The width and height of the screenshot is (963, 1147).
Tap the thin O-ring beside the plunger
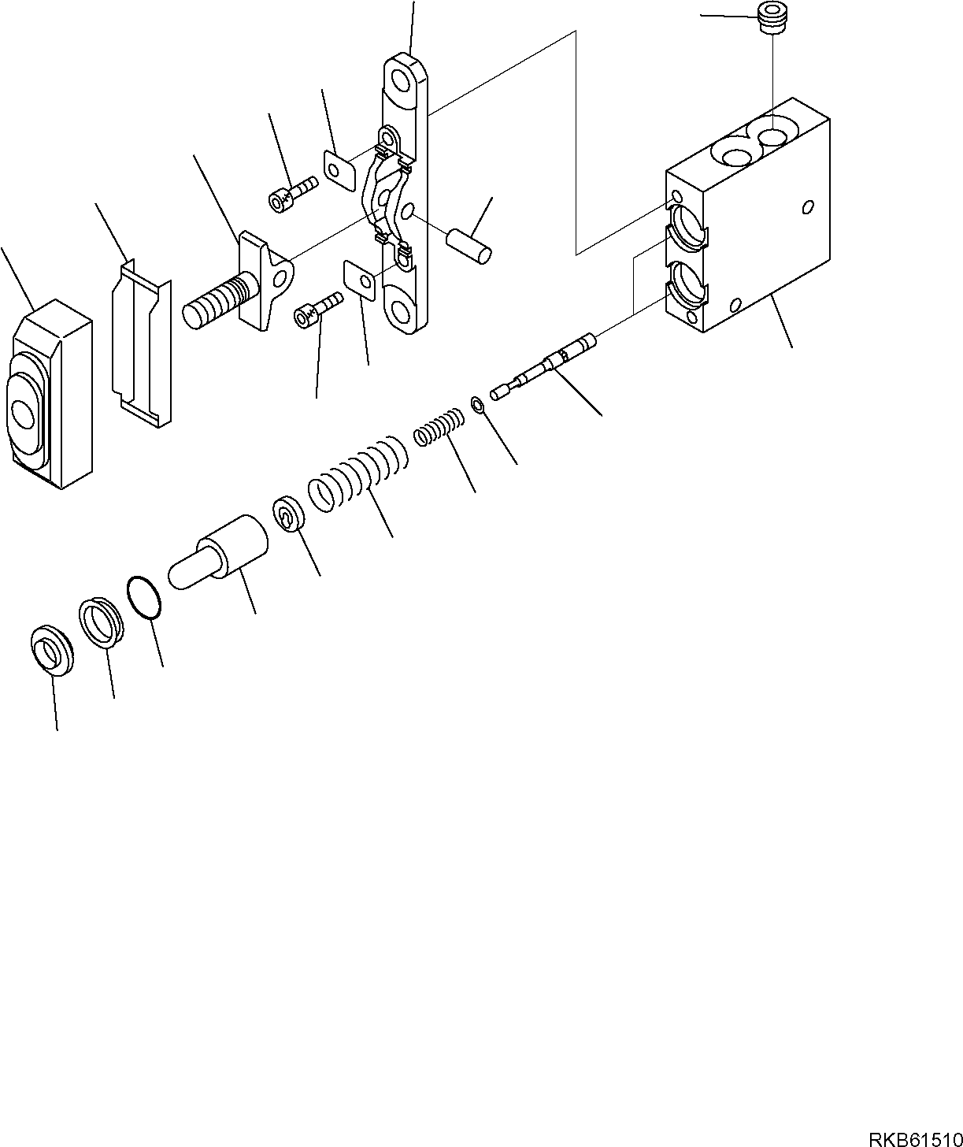coord(145,599)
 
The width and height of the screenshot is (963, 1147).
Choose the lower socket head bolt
coord(317,308)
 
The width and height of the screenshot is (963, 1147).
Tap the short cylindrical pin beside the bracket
coord(469,243)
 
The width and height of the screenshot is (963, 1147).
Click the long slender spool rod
coord(543,366)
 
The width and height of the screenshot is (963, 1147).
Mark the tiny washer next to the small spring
coord(477,405)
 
